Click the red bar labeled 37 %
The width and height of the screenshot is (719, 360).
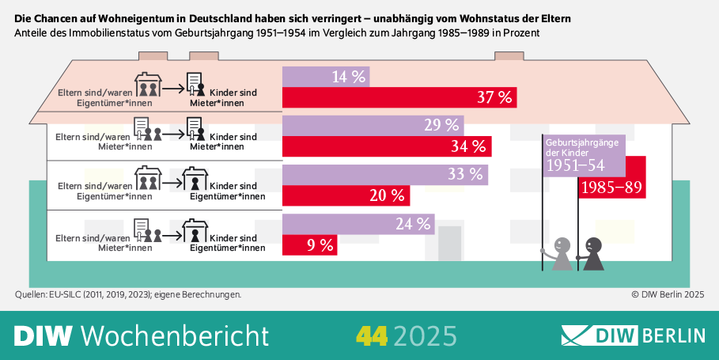399,97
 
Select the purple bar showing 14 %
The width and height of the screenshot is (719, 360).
326,77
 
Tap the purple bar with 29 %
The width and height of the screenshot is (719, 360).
373,125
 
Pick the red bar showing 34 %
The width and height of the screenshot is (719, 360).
387,146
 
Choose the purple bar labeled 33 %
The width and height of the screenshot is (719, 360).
385,174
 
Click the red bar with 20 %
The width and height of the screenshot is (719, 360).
346,195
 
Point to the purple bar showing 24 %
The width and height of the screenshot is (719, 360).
358,224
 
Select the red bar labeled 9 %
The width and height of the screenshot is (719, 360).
310,245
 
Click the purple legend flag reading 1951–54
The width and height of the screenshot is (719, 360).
584,156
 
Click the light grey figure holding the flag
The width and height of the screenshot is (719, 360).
561,254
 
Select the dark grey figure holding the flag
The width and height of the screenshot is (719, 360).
592,254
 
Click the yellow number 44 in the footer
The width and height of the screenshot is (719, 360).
372,335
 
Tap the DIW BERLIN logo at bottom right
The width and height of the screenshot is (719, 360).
633,335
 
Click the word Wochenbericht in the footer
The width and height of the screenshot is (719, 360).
175,335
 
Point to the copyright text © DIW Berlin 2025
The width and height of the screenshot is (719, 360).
667,294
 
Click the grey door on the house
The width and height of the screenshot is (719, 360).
449,243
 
